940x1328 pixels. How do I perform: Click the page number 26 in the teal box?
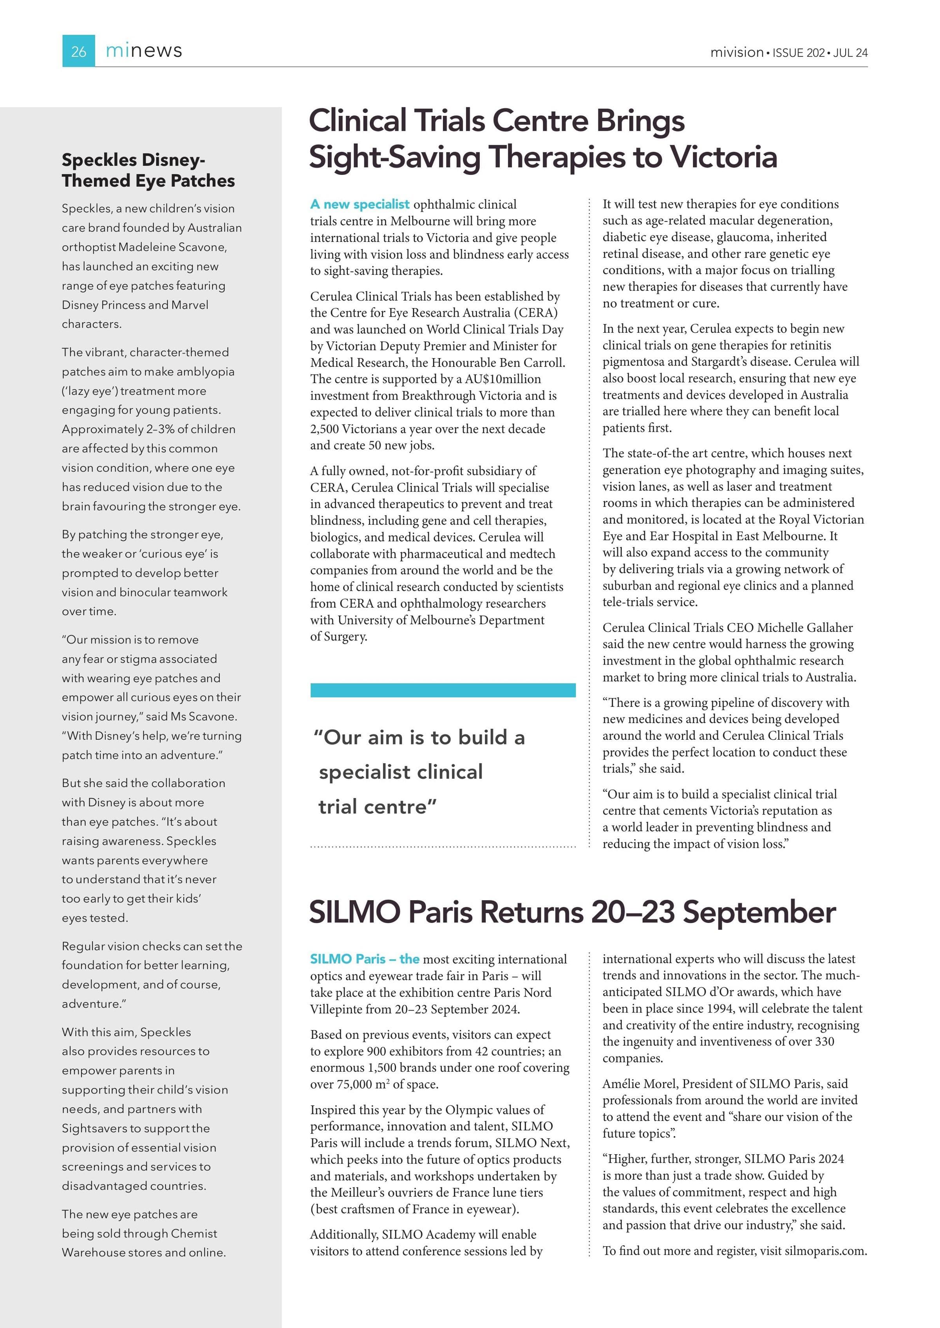tap(78, 52)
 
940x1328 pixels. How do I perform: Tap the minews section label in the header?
tap(144, 51)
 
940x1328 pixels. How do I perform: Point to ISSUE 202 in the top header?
tap(798, 52)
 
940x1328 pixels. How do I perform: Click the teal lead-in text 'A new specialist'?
tap(360, 204)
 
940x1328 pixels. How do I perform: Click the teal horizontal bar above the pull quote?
tap(443, 690)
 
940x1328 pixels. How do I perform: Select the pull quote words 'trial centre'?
tap(378, 806)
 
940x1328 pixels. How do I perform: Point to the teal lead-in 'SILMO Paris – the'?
tap(365, 959)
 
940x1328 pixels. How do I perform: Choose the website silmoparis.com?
tap(825, 1251)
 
